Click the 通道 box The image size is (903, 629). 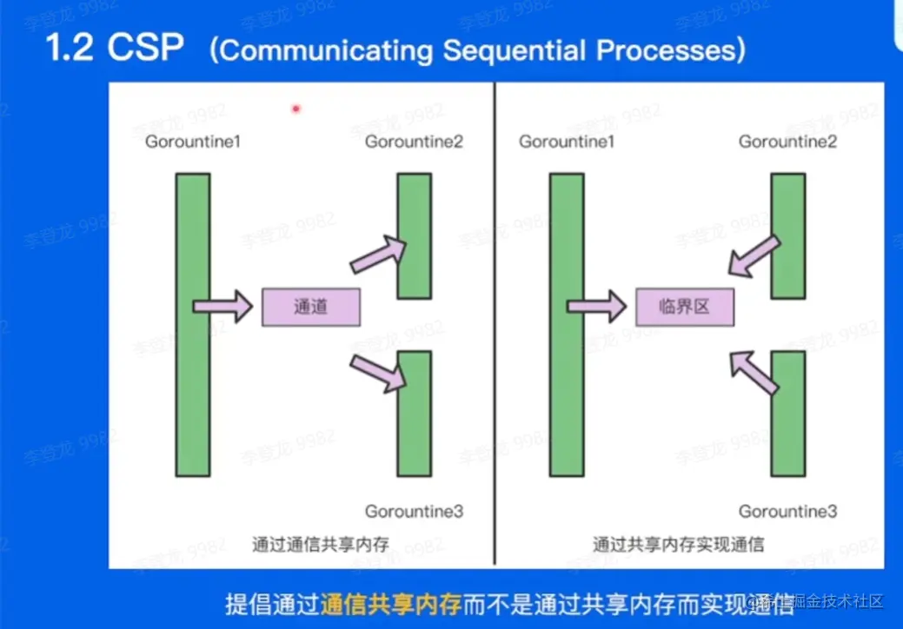(x=311, y=308)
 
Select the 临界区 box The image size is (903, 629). (x=685, y=308)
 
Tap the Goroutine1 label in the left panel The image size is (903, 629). (x=192, y=142)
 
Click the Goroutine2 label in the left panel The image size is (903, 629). (x=414, y=142)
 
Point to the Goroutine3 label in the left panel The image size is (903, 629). (x=414, y=512)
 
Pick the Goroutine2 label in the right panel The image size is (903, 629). (x=787, y=142)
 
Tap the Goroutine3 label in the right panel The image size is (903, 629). (x=787, y=512)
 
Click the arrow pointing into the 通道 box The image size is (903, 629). (x=222, y=307)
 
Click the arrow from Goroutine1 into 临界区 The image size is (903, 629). (x=596, y=307)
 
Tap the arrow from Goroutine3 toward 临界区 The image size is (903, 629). (x=753, y=371)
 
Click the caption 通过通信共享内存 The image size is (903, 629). (x=321, y=546)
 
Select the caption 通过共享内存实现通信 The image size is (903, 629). (x=679, y=546)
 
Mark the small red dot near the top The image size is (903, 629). (x=295, y=109)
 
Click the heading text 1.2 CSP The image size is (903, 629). (x=115, y=48)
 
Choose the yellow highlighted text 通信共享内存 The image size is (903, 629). (x=389, y=603)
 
